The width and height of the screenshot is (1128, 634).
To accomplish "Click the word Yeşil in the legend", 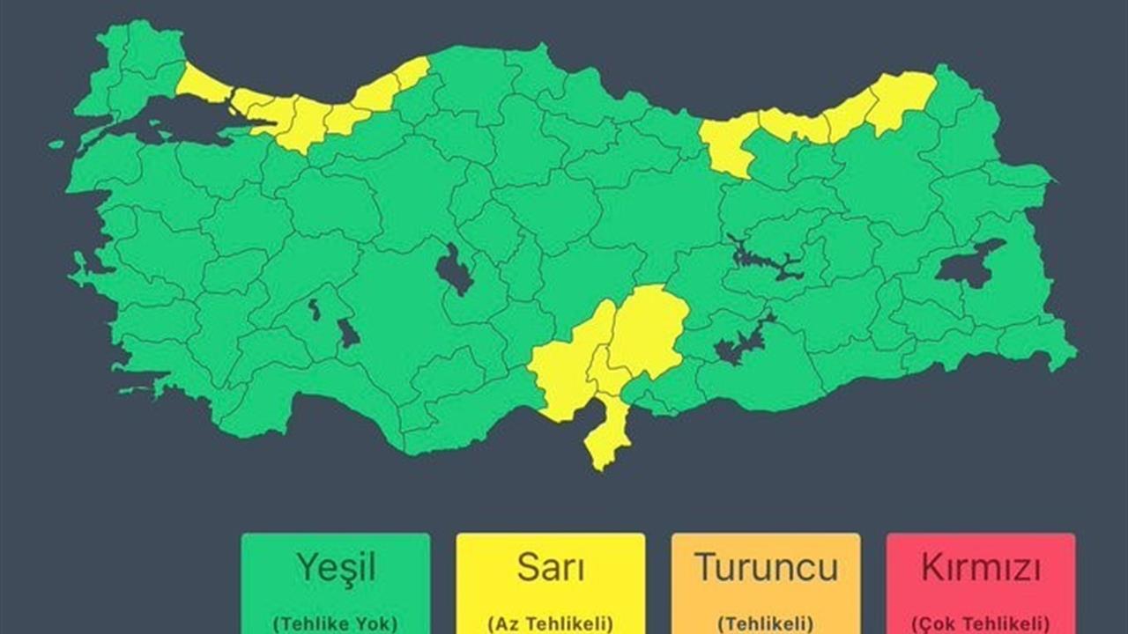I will [x=335, y=569].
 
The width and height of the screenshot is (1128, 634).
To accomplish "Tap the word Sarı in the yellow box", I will [x=550, y=569].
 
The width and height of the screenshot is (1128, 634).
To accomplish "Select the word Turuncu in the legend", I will [x=765, y=569].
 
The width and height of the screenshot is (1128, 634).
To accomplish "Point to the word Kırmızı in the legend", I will [x=980, y=569].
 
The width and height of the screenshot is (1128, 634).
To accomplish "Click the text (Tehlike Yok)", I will [x=335, y=623].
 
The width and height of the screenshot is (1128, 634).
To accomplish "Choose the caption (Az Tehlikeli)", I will [x=550, y=623].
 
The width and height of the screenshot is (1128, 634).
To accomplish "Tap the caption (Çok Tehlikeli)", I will [x=980, y=623].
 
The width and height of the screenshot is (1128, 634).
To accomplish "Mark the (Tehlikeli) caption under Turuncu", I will [x=765, y=623].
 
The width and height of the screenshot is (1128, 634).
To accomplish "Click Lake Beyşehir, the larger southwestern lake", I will [x=347, y=333].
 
